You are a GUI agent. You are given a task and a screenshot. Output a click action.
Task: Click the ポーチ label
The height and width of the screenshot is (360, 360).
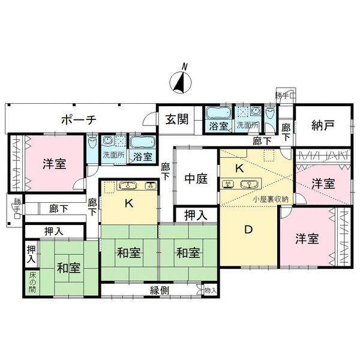[79, 119]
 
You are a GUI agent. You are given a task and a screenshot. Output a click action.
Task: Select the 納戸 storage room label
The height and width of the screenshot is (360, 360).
[322, 126]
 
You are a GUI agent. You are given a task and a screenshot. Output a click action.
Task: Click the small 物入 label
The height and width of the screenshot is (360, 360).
[210, 290]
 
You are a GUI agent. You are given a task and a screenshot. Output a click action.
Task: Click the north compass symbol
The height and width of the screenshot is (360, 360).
[180, 80]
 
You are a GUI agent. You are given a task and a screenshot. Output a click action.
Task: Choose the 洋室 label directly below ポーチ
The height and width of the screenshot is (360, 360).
[54, 164]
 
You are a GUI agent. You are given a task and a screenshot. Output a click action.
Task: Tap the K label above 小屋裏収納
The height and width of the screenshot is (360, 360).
[239, 169]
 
